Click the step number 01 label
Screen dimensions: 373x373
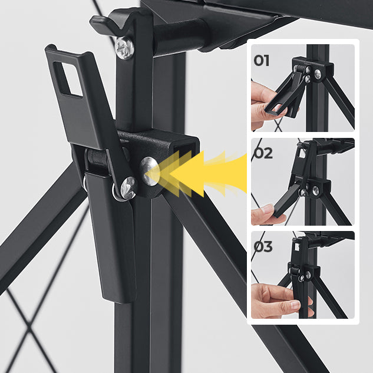(x=262, y=61)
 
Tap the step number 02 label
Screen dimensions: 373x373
(x=263, y=153)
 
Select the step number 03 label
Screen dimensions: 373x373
(x=263, y=246)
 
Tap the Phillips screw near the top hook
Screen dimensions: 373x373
(x=124, y=48)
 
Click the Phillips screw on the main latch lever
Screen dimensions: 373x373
(x=128, y=187)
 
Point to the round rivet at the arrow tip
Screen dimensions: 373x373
(x=149, y=171)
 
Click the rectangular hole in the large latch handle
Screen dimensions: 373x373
(x=68, y=79)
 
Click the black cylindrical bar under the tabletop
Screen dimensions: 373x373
(x=181, y=36)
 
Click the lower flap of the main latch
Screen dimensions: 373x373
(x=112, y=238)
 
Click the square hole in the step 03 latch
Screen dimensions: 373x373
(x=297, y=246)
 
